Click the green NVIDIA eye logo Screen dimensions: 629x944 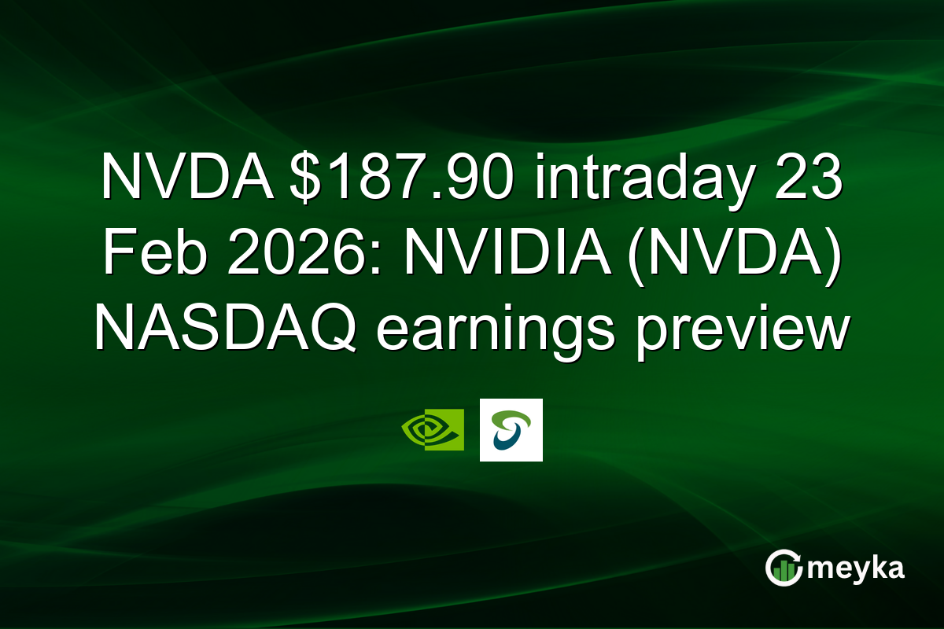tap(432, 429)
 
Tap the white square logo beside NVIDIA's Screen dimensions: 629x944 tap(511, 429)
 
